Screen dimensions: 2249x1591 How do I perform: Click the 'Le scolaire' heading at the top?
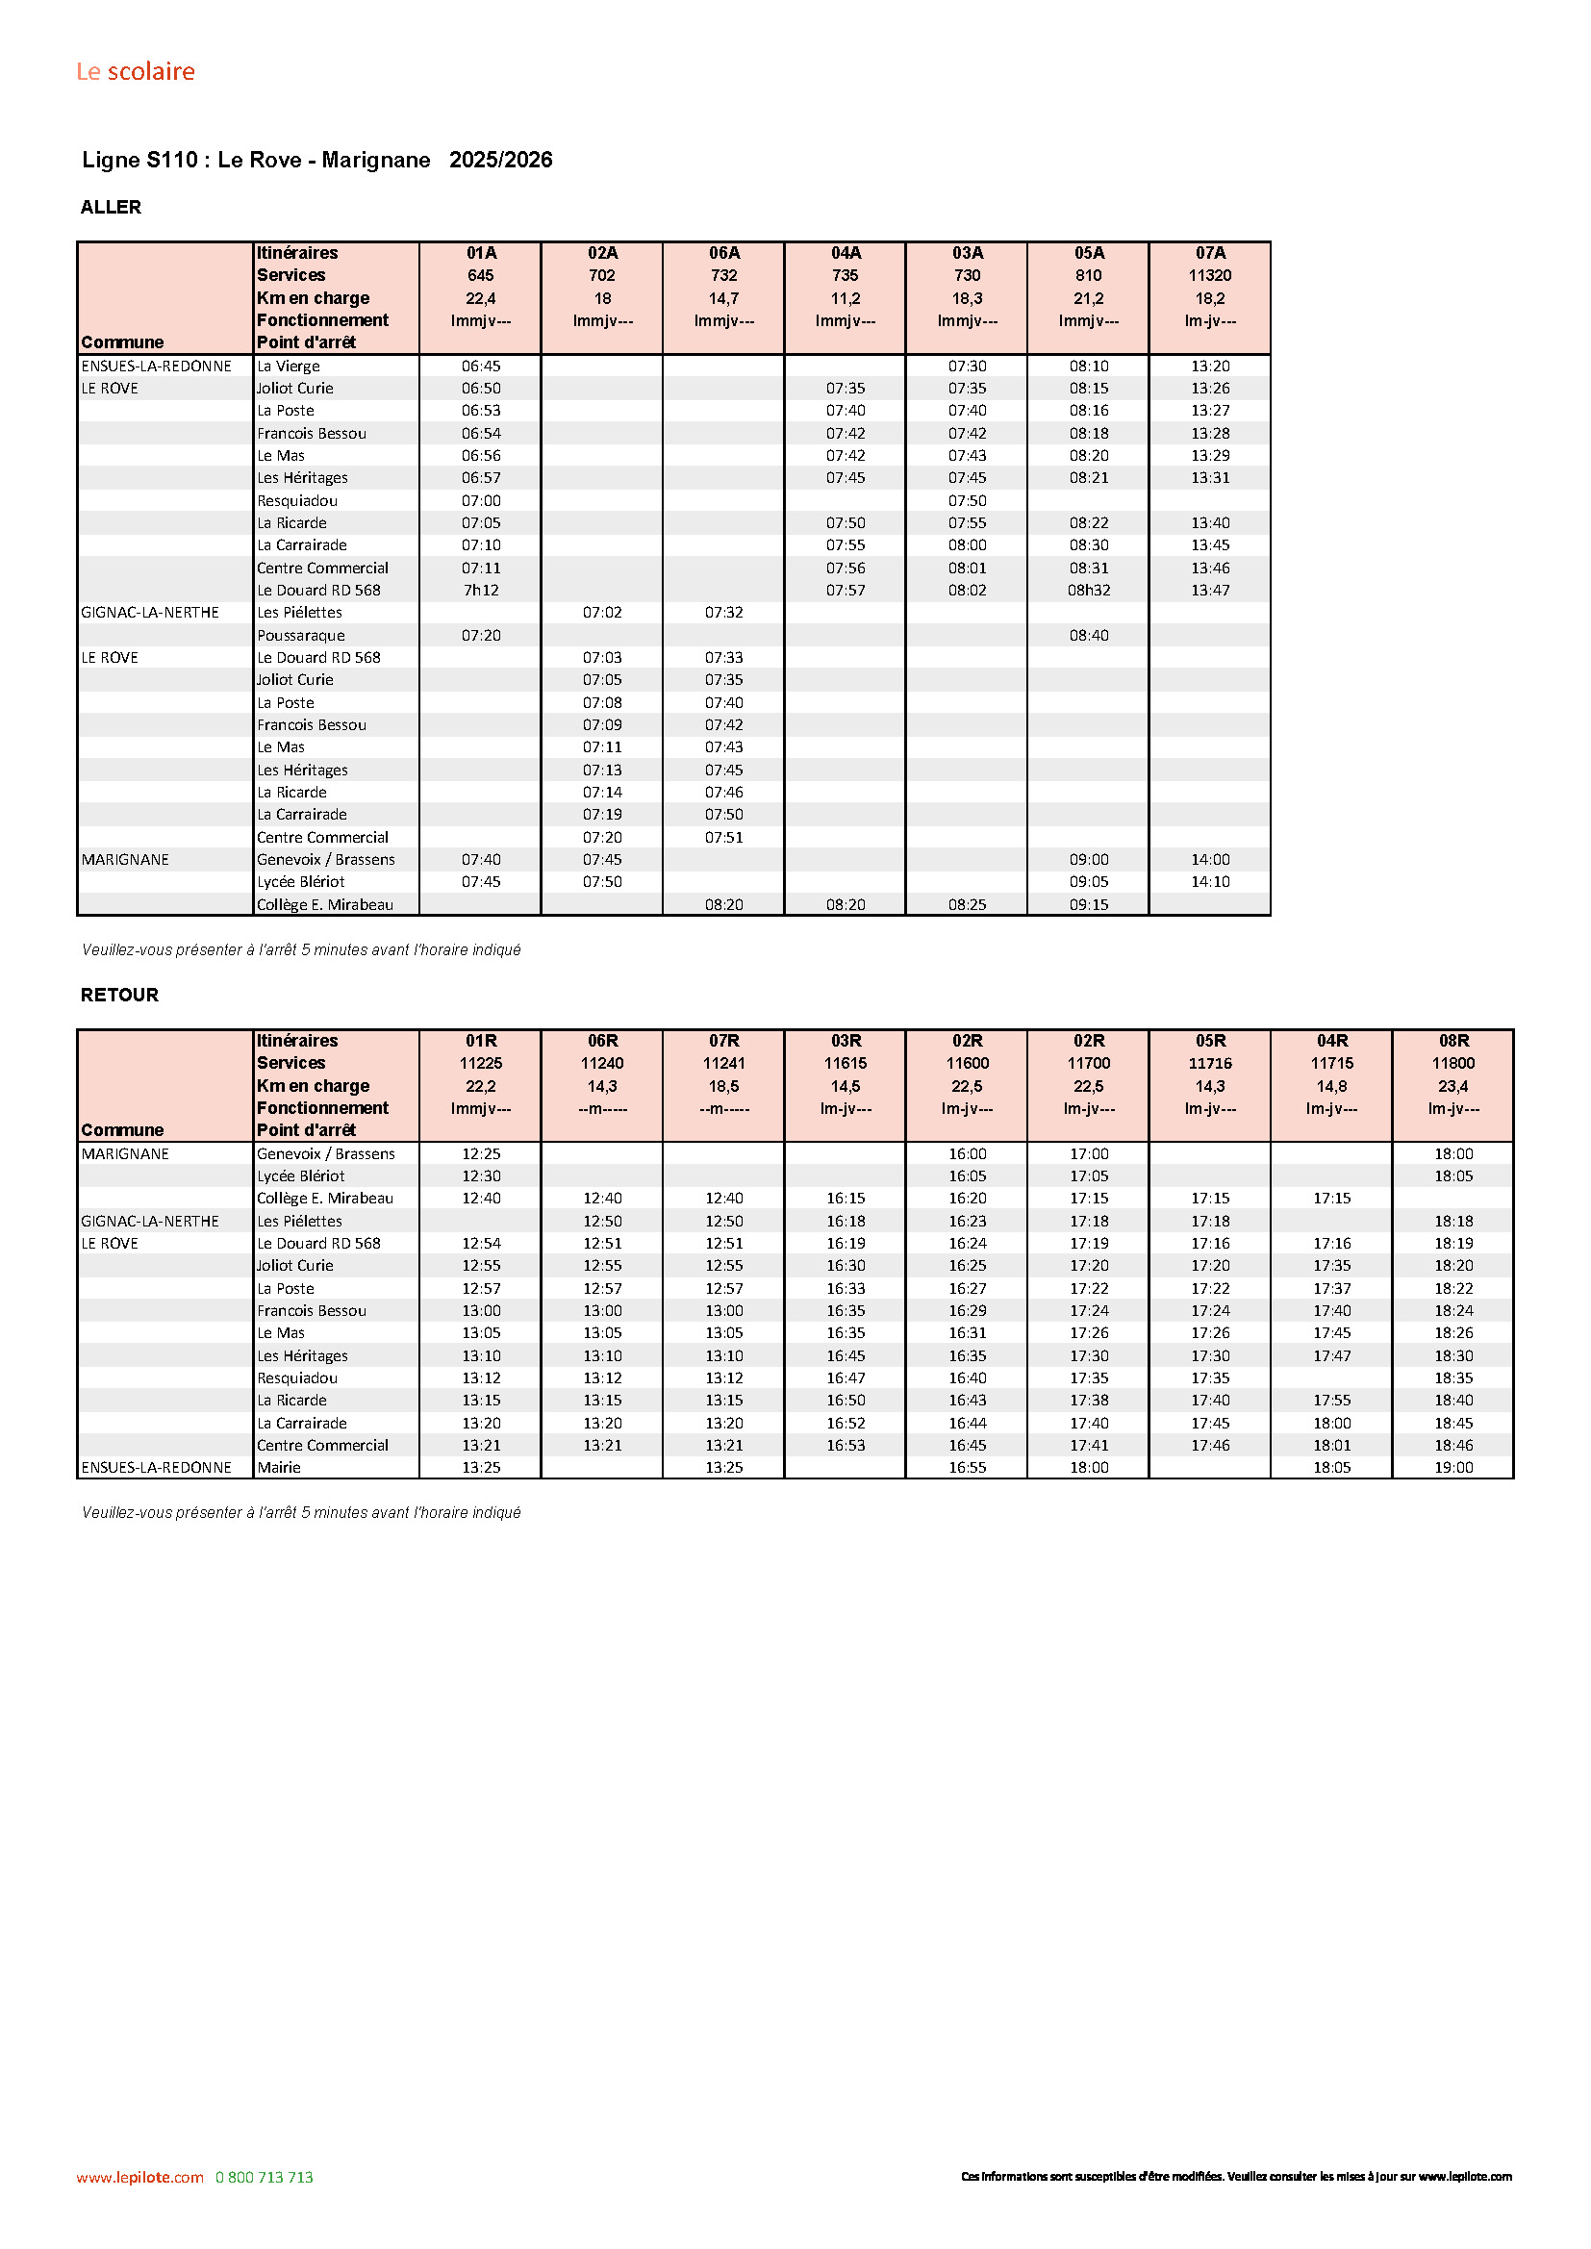(x=136, y=71)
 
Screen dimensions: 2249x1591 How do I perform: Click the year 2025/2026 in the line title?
(x=500, y=160)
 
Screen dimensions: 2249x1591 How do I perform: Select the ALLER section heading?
(x=111, y=207)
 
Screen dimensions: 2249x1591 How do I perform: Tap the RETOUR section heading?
(x=119, y=995)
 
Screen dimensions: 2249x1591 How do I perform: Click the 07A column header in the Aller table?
(x=1210, y=253)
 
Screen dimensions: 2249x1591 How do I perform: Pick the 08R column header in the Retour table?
(x=1452, y=1040)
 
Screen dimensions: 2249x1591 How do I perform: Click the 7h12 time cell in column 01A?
(x=481, y=590)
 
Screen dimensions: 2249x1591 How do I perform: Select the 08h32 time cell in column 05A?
(x=1089, y=590)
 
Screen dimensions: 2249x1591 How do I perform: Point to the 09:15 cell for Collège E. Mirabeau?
(x=1089, y=904)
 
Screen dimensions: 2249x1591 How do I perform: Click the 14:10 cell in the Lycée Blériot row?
(x=1210, y=881)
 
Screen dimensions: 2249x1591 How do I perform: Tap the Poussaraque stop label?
(x=301, y=635)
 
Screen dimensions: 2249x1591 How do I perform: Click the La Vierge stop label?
(x=288, y=366)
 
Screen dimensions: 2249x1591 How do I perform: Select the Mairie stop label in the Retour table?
(x=279, y=1467)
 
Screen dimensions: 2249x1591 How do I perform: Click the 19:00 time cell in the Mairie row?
(x=1452, y=1467)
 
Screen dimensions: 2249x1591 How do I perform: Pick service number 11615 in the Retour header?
(x=846, y=1063)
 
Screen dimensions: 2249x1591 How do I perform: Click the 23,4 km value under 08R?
(x=1452, y=1086)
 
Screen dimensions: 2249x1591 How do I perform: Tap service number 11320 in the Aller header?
(x=1210, y=275)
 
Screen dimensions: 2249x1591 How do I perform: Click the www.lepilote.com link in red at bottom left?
(x=140, y=2177)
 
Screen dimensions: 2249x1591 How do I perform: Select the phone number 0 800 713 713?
(x=265, y=2177)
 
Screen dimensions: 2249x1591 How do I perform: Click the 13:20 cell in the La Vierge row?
(x=1210, y=366)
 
